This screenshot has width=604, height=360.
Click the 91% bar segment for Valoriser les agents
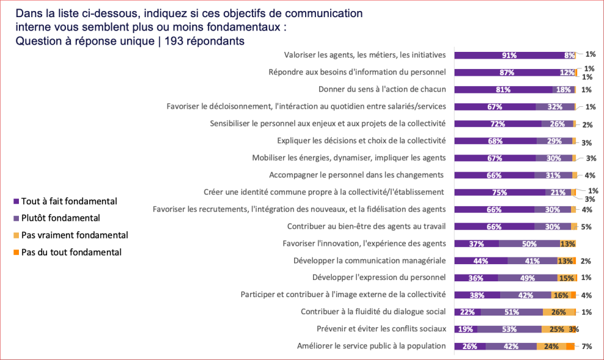point(509,55)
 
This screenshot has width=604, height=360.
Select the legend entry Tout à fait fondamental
point(69,201)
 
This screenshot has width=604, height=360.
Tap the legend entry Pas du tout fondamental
point(71,252)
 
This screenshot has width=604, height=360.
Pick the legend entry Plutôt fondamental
point(60,218)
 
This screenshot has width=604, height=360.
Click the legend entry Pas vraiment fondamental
point(74,235)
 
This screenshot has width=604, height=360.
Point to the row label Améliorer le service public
point(371,346)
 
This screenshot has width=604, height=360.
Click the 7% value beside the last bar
point(587,346)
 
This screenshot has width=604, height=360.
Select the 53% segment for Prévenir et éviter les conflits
point(509,329)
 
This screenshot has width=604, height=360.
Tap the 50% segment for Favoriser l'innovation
point(528,243)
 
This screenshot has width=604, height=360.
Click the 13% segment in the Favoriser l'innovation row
point(567,243)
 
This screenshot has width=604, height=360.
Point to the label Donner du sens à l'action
point(382,89)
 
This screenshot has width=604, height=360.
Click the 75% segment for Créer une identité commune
point(500,192)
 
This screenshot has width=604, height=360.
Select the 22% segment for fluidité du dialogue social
point(468,312)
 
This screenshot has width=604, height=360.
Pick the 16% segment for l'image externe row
point(559,295)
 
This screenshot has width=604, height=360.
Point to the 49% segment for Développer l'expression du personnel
point(528,278)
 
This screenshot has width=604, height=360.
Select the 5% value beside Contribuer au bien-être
point(587,226)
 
